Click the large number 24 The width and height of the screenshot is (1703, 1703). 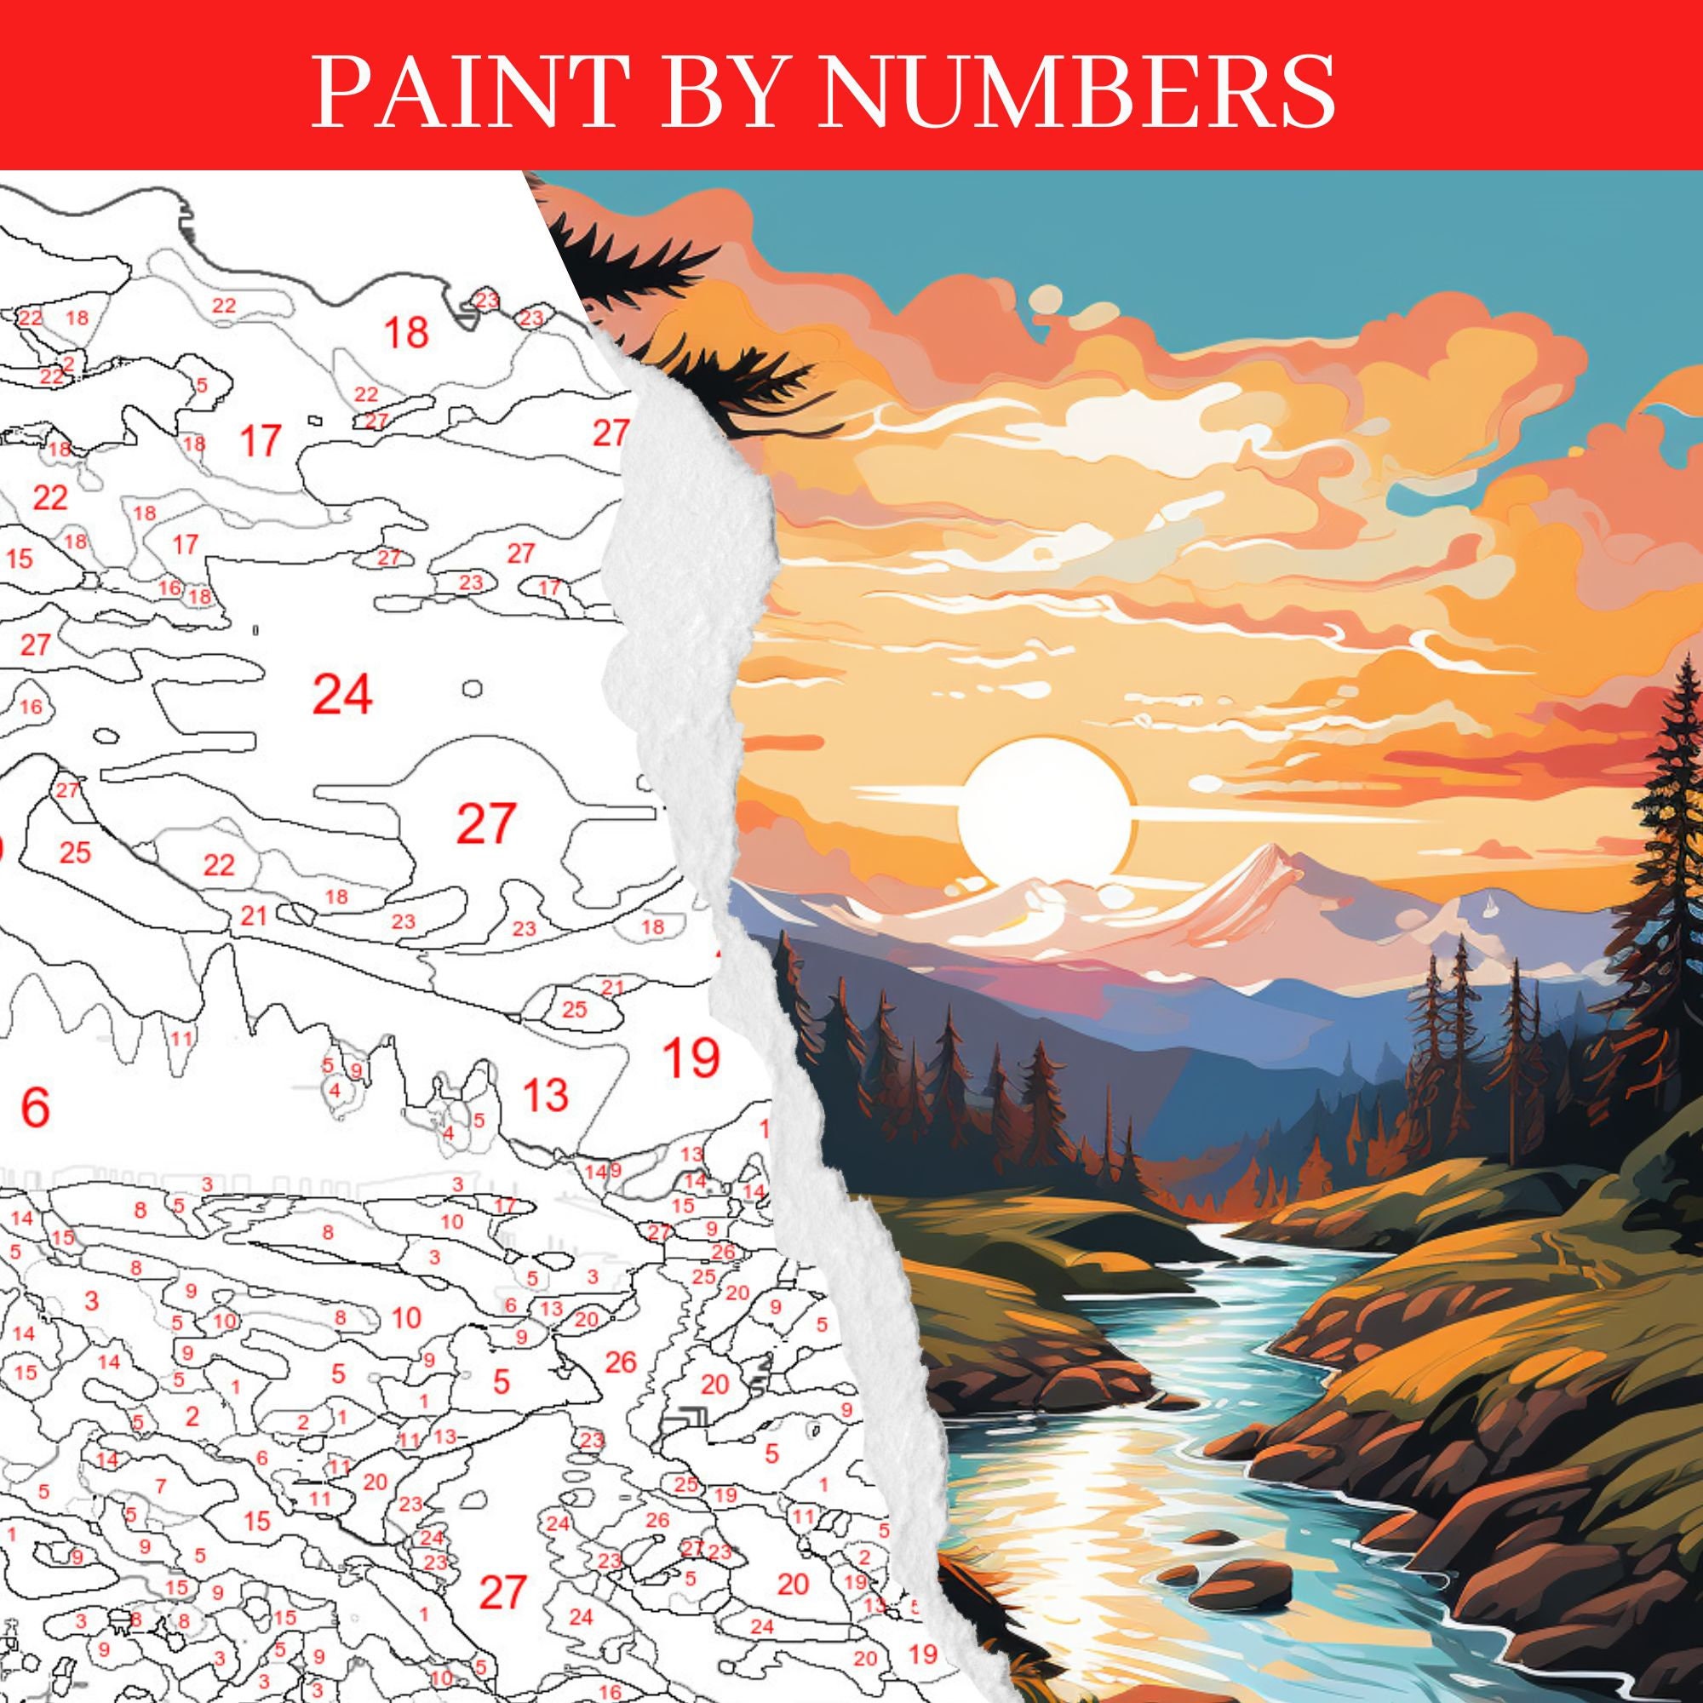point(343,695)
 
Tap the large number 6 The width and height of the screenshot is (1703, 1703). point(34,1108)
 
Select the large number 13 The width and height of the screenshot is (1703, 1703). point(545,1096)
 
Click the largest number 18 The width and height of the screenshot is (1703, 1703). point(406,332)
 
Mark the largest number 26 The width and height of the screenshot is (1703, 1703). point(621,1362)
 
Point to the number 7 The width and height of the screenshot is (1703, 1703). point(159,1486)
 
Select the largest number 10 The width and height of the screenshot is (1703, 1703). point(405,1319)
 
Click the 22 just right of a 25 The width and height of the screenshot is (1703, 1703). point(219,865)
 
